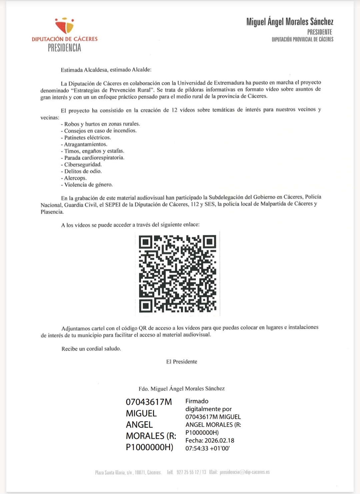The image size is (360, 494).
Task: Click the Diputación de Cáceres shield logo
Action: point(65,26)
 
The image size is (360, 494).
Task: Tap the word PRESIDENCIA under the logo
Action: point(64,48)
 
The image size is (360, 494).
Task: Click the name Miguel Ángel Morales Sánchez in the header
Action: point(290,22)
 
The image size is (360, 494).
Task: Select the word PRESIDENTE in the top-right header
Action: point(319,32)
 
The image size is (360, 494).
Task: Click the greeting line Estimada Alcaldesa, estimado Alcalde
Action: point(106,70)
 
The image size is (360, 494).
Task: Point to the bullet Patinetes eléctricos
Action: point(87,138)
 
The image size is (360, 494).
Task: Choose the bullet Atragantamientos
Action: point(86,144)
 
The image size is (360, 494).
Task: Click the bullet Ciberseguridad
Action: point(83,165)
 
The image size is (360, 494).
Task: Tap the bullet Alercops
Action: point(75,178)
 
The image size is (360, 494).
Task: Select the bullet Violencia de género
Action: point(88,185)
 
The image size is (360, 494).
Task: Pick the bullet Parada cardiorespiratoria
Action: point(94,158)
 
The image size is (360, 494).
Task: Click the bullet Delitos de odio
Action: point(83,171)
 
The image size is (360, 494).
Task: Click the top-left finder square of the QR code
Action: point(146,242)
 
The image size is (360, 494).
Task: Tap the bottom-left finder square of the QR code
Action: point(146,305)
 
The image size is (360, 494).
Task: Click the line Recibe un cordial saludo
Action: point(91,349)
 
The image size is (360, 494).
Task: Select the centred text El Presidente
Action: point(182,362)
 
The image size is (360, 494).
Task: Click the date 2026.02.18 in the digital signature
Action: point(219,440)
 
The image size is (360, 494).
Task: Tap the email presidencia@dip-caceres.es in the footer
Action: point(245,472)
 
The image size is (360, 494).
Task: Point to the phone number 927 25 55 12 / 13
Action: point(191,472)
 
